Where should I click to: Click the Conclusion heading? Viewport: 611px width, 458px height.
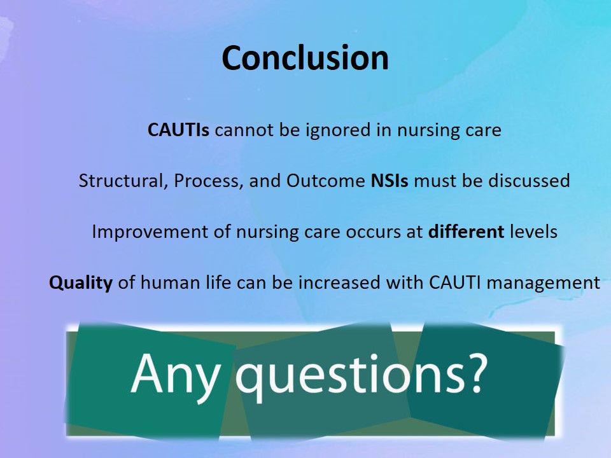pos(305,58)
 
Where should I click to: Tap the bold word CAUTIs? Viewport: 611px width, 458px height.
pos(178,130)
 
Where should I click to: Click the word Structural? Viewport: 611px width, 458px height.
pos(120,181)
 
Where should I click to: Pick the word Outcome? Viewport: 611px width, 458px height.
pos(325,181)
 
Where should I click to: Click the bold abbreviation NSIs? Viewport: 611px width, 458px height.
pos(390,181)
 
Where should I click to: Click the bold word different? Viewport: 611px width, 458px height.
pos(466,232)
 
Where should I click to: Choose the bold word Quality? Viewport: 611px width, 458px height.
pos(81,283)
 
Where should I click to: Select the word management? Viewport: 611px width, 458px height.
pos(543,283)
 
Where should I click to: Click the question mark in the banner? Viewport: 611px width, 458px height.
pos(475,372)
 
